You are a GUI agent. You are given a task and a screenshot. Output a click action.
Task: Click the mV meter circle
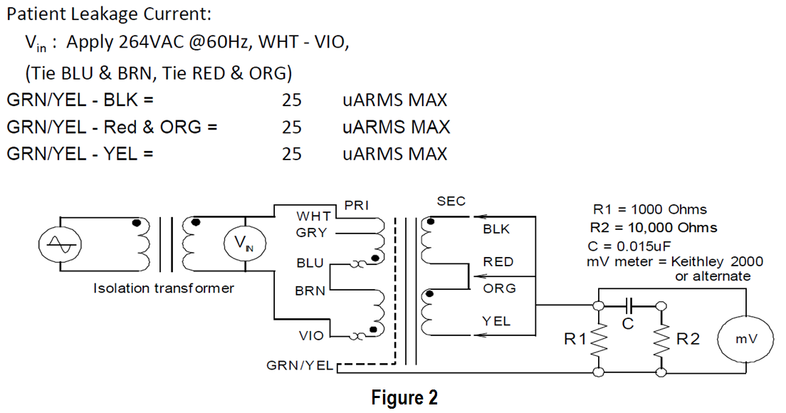(745, 339)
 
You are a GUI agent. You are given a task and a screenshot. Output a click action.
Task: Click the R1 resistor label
(575, 340)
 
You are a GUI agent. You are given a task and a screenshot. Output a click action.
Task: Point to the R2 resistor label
(688, 340)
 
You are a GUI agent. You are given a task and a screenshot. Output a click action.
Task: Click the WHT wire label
(313, 216)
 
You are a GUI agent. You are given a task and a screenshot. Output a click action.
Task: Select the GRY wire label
(312, 233)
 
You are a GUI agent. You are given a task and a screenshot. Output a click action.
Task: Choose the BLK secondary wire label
(496, 230)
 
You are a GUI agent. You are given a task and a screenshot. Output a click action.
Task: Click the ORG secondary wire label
(498, 288)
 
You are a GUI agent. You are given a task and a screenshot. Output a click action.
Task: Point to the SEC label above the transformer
(451, 202)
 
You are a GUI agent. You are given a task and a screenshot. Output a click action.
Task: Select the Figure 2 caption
(404, 397)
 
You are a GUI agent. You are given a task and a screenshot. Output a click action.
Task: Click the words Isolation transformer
(164, 288)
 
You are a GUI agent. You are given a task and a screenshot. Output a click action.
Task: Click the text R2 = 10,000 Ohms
(654, 228)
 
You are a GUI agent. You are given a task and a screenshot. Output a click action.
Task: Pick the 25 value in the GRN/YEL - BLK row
(292, 100)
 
